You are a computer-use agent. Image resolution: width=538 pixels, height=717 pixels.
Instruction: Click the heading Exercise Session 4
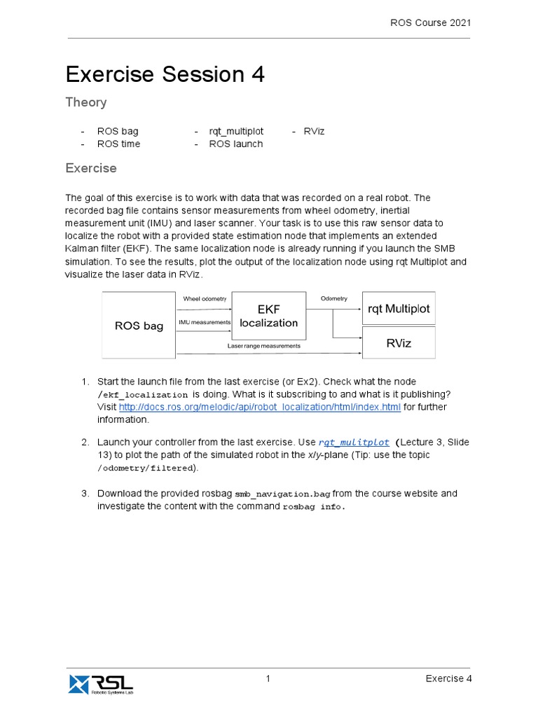(165, 74)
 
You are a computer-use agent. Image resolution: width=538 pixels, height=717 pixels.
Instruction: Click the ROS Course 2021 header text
(430, 22)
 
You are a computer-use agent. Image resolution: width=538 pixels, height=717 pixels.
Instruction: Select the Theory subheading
(86, 102)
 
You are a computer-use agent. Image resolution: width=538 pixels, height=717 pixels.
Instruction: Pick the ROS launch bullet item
(235, 144)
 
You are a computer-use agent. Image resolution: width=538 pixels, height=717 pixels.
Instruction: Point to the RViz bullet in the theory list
(314, 131)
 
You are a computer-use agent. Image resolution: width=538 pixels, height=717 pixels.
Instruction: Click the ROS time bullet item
(118, 144)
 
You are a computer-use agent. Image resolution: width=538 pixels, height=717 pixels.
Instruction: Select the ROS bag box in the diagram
(139, 326)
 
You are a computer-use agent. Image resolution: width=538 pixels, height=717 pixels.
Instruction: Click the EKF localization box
(268, 316)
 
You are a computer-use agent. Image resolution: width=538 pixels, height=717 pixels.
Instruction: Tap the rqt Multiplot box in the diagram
(399, 308)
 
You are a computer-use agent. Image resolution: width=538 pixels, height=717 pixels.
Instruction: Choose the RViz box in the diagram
(399, 343)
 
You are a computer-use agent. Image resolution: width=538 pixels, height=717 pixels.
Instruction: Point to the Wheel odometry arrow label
(205, 299)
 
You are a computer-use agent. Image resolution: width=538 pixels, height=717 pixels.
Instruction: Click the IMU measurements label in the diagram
(205, 322)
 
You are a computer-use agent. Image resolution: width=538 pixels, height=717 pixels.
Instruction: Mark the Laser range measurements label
(263, 346)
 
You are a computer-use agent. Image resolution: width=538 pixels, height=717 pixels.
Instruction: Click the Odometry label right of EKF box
(333, 299)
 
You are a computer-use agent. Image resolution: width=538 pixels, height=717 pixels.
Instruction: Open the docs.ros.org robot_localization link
(259, 407)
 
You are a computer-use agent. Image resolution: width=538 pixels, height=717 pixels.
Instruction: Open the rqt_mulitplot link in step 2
(354, 443)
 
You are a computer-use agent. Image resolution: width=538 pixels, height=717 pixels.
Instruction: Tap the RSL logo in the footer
(100, 683)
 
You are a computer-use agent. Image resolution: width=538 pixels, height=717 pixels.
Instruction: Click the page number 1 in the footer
(268, 678)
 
